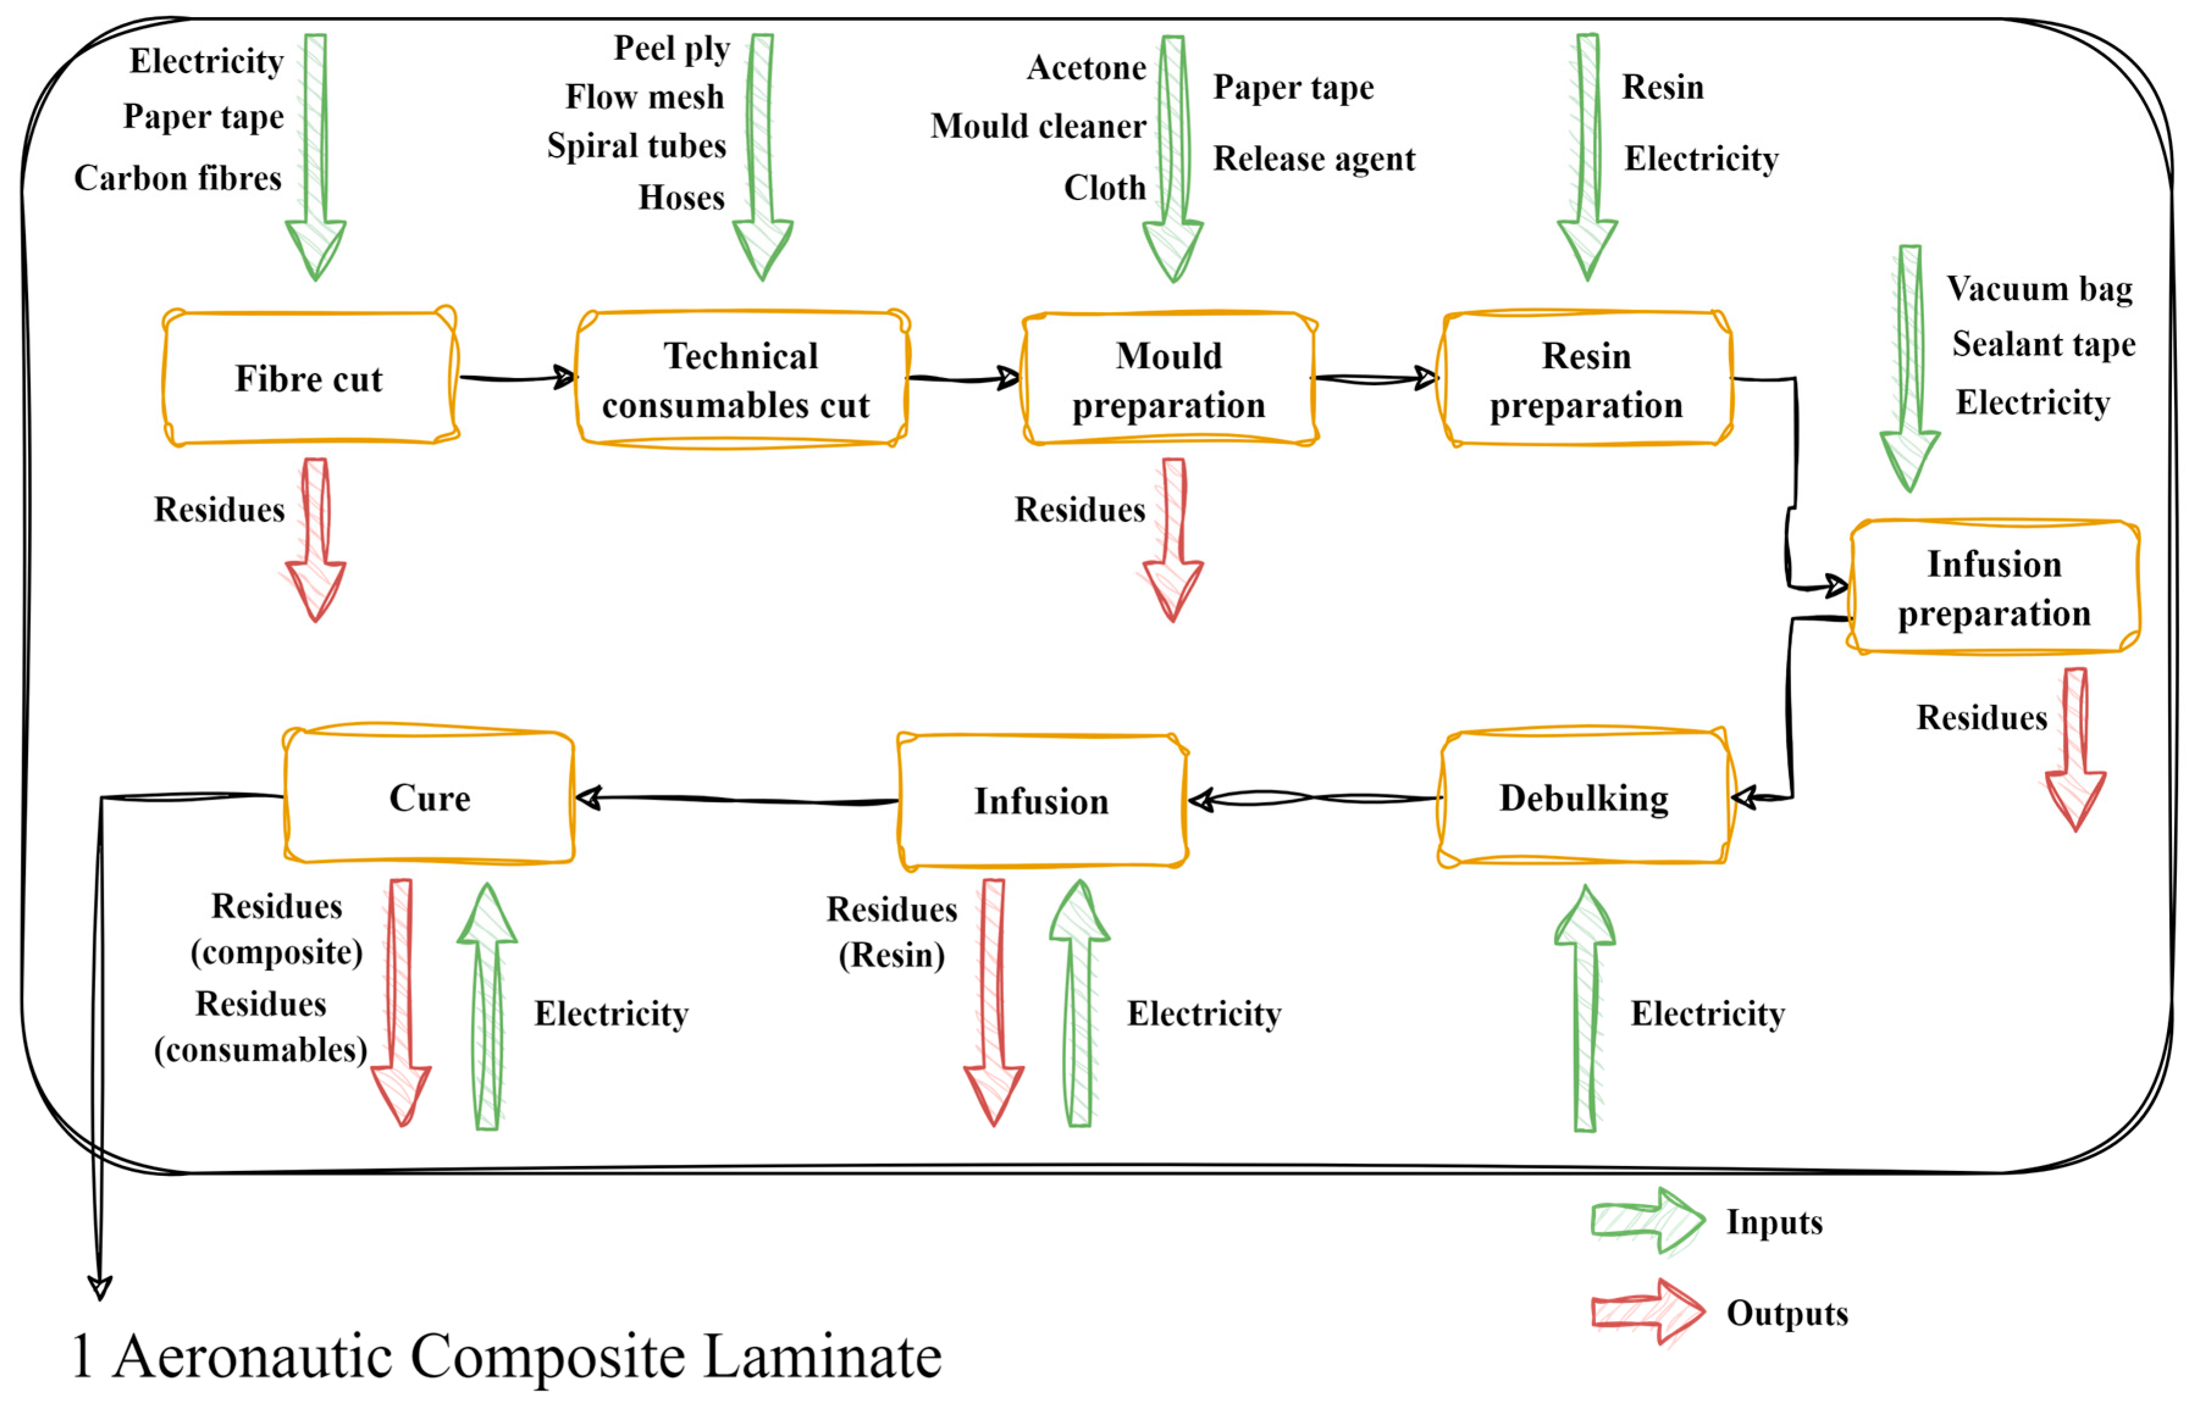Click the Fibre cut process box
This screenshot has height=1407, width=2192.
(310, 378)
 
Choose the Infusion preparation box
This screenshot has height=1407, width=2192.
(1994, 587)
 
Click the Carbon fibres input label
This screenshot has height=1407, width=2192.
(178, 178)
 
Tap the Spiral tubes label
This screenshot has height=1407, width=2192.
(636, 146)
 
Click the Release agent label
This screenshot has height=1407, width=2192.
(1314, 159)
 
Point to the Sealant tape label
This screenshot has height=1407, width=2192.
(2043, 345)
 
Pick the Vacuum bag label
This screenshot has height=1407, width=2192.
(2039, 288)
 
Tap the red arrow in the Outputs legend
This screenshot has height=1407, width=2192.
(1647, 1312)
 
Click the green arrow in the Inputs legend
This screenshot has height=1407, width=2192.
(1647, 1220)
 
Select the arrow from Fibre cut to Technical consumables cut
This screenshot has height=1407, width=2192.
(517, 378)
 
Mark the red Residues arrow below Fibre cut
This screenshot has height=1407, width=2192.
(315, 540)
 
